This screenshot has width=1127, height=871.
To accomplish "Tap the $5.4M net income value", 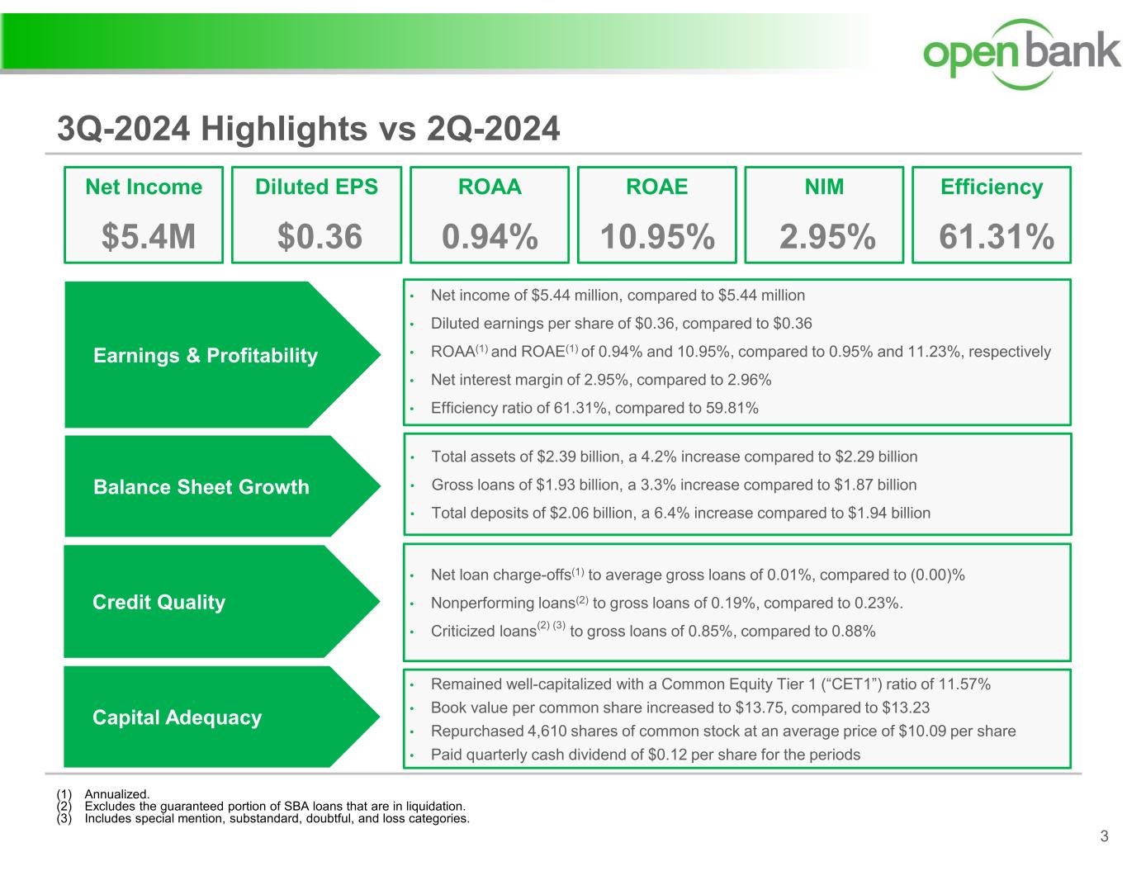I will pos(149,237).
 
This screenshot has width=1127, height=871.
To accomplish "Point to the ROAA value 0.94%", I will pos(490,237).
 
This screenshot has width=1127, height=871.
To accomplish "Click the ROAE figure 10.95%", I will pos(657,237).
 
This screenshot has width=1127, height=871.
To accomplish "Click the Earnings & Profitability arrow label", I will pos(206,355).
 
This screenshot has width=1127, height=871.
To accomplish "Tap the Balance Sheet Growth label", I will pos(201,487).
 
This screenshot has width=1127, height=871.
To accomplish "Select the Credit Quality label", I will pos(159,602).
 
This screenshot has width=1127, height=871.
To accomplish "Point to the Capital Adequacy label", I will pos(177,717).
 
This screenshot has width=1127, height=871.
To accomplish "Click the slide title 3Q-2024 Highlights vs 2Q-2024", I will pos(308,129).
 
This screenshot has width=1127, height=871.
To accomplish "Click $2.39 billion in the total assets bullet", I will pos(579,457).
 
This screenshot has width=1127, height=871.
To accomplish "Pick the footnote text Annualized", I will pos(117,794).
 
